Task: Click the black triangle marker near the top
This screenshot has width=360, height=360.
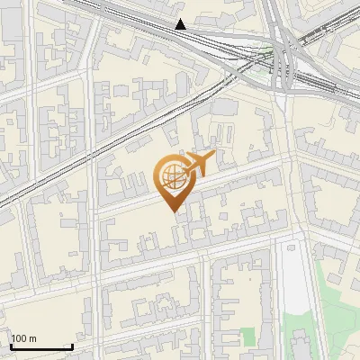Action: tap(181, 24)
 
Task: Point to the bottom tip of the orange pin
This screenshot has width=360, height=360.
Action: tap(172, 211)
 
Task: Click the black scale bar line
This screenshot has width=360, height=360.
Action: tap(41, 346)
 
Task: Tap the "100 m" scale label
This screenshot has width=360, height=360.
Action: tap(24, 338)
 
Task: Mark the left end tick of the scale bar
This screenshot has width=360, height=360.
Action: tap(12, 345)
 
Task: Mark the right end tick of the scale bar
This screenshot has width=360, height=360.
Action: tap(72, 345)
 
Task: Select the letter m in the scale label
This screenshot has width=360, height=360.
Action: tap(32, 338)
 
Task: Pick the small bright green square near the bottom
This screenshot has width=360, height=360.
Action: tap(248, 337)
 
